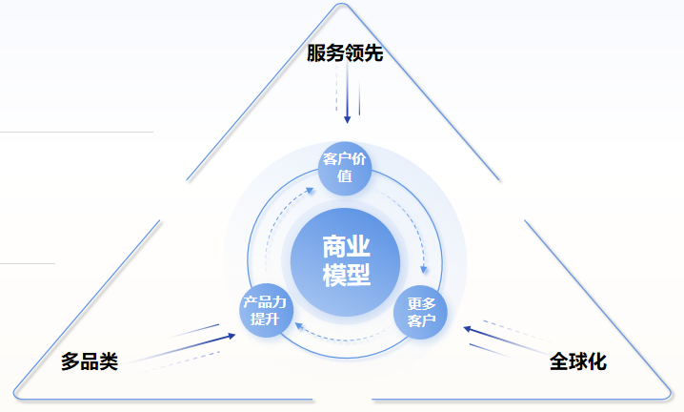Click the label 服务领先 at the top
345,52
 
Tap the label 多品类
90,361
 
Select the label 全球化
578,361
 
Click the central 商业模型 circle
345,261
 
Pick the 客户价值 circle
345,168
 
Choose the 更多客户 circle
420,312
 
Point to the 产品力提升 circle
266,310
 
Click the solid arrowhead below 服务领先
347,119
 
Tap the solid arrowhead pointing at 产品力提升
231,336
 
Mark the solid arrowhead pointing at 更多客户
468,329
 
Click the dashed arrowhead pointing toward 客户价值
310,190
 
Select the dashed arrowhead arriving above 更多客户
423,269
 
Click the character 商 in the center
334,247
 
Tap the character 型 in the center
358,275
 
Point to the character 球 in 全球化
578,361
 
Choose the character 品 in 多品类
90,361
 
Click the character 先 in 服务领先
373,52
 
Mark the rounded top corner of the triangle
342,5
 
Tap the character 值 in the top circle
345,176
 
